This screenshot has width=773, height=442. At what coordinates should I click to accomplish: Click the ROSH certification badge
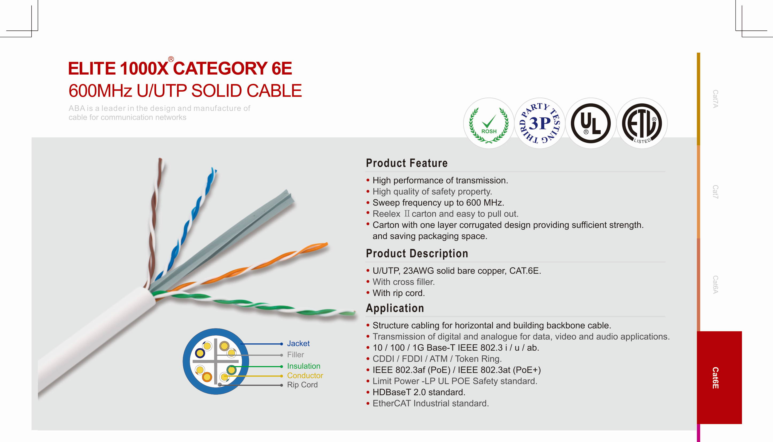click(489, 123)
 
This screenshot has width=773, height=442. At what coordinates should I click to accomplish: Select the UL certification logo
click(590, 123)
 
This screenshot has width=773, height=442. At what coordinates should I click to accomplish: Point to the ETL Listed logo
click(641, 123)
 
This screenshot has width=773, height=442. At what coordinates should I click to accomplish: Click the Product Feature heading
click(407, 163)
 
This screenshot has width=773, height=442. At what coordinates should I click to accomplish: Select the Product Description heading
click(417, 254)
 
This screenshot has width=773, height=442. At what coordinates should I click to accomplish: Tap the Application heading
click(395, 308)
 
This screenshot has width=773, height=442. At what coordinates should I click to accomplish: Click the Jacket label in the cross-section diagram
click(298, 344)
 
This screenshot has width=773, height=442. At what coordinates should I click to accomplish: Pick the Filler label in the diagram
click(295, 355)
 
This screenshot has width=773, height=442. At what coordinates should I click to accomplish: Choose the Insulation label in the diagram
click(304, 366)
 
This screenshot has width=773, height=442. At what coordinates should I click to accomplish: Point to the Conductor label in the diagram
click(305, 376)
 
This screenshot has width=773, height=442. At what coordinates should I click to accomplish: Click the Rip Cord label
click(302, 385)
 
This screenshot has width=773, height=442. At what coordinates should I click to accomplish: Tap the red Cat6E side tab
click(719, 378)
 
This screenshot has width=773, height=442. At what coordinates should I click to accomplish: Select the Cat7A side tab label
click(716, 99)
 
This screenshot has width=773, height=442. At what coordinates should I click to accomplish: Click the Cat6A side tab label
click(716, 285)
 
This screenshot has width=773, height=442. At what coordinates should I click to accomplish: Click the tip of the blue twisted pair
click(214, 169)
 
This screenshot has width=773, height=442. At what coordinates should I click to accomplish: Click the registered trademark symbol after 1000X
click(171, 59)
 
